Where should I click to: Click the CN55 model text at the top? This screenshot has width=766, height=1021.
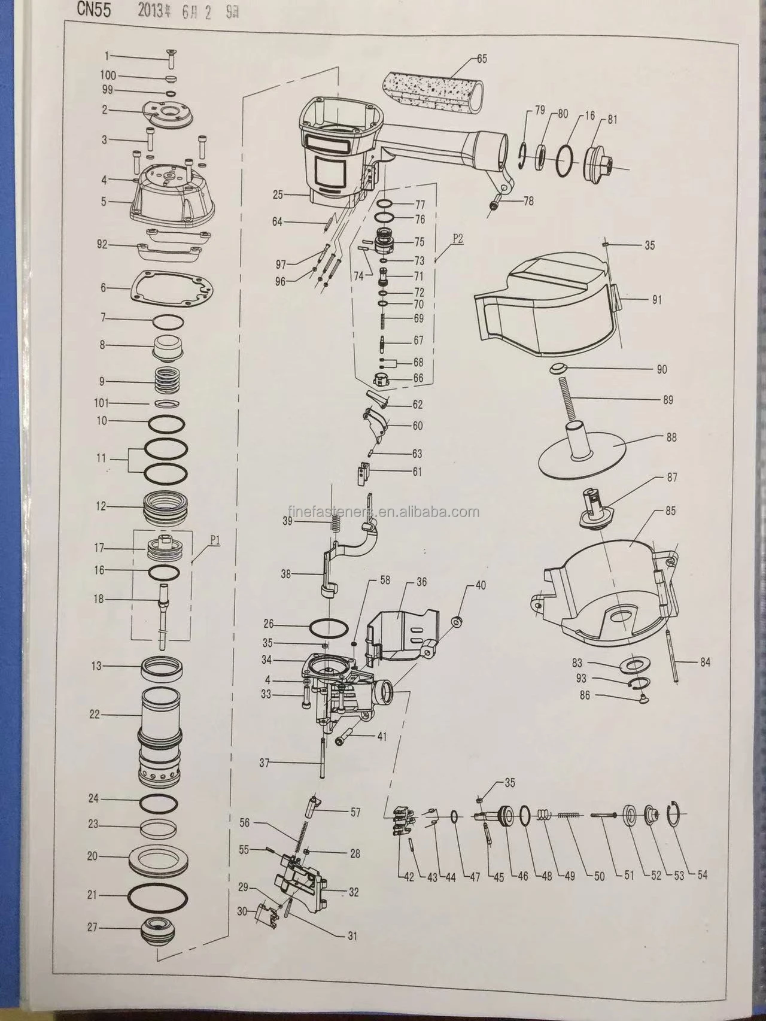coord(93,11)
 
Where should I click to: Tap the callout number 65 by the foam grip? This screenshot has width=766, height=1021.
coord(482,58)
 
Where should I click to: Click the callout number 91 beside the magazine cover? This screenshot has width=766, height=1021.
coord(656,300)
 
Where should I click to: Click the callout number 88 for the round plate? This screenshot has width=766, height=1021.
coord(671,437)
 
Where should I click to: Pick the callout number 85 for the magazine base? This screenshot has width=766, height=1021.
coord(670,511)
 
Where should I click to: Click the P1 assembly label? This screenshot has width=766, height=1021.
coord(215,539)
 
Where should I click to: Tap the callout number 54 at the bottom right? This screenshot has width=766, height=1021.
coord(701,875)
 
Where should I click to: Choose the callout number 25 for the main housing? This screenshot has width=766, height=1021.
coord(277,195)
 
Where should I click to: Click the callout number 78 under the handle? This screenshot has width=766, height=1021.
coord(528,202)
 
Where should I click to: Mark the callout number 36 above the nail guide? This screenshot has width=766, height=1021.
coord(421,582)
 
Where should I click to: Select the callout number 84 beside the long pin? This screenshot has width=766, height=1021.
coord(705,663)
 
